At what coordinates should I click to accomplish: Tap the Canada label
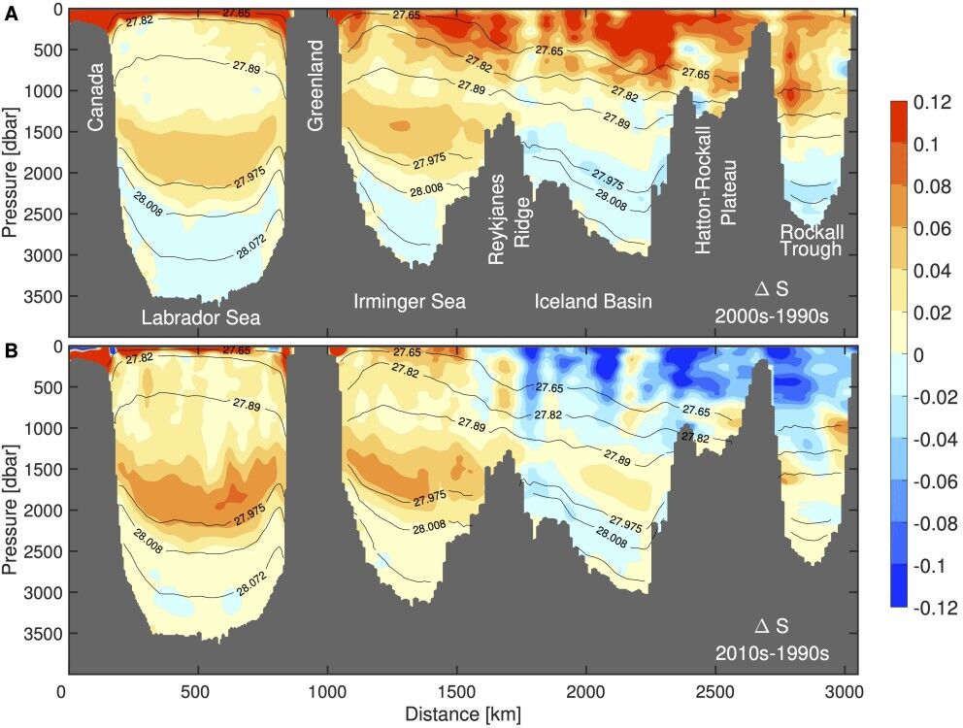click(x=97, y=96)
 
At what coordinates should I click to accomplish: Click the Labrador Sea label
click(x=201, y=317)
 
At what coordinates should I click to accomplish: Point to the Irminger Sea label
click(x=410, y=302)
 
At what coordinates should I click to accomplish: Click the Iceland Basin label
click(x=593, y=302)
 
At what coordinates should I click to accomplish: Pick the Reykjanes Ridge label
click(x=509, y=219)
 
